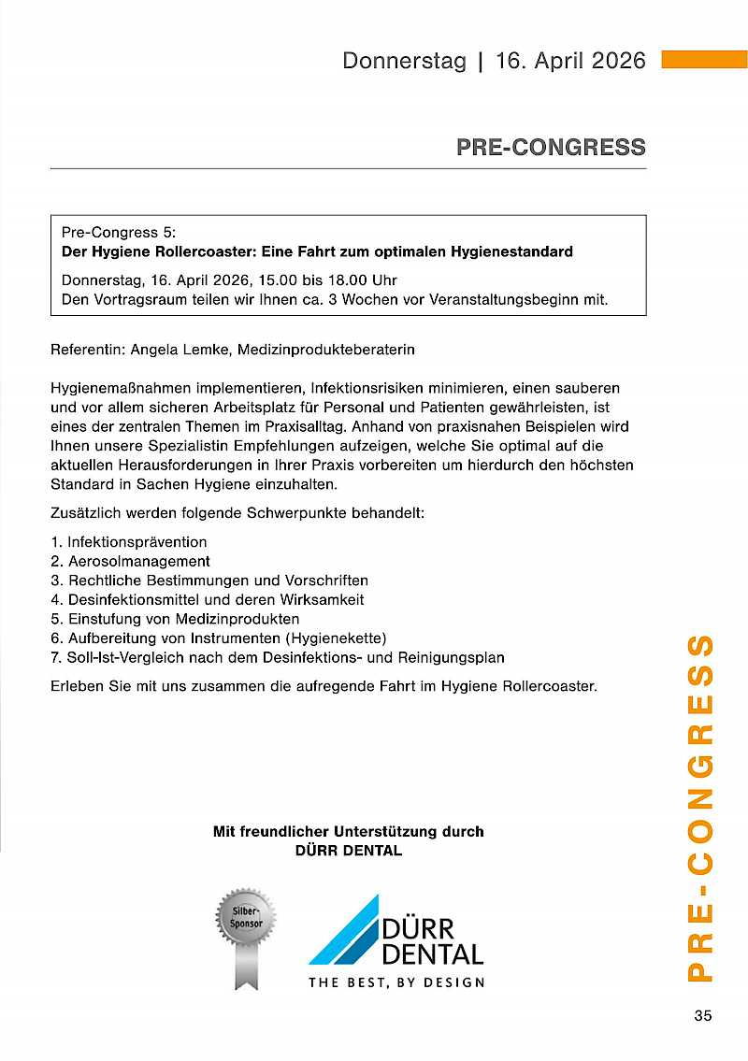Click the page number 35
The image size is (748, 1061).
703,1016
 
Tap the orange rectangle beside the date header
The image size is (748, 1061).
704,60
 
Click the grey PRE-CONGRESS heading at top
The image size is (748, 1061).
551,147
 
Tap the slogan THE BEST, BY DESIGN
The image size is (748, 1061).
396,982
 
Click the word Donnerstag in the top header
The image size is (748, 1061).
404,61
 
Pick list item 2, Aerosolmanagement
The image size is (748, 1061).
138,562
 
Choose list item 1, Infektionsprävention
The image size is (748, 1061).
137,542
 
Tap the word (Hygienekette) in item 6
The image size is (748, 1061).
340,638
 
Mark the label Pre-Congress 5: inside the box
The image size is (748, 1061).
119,232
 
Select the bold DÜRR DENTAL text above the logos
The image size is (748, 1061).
348,851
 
